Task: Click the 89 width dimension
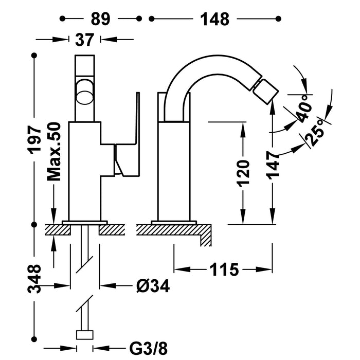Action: point(101,19)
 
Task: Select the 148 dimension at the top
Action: point(215,19)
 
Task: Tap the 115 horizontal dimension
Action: point(224,269)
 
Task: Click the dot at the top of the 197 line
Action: point(34,55)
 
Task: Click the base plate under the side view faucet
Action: point(174,222)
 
